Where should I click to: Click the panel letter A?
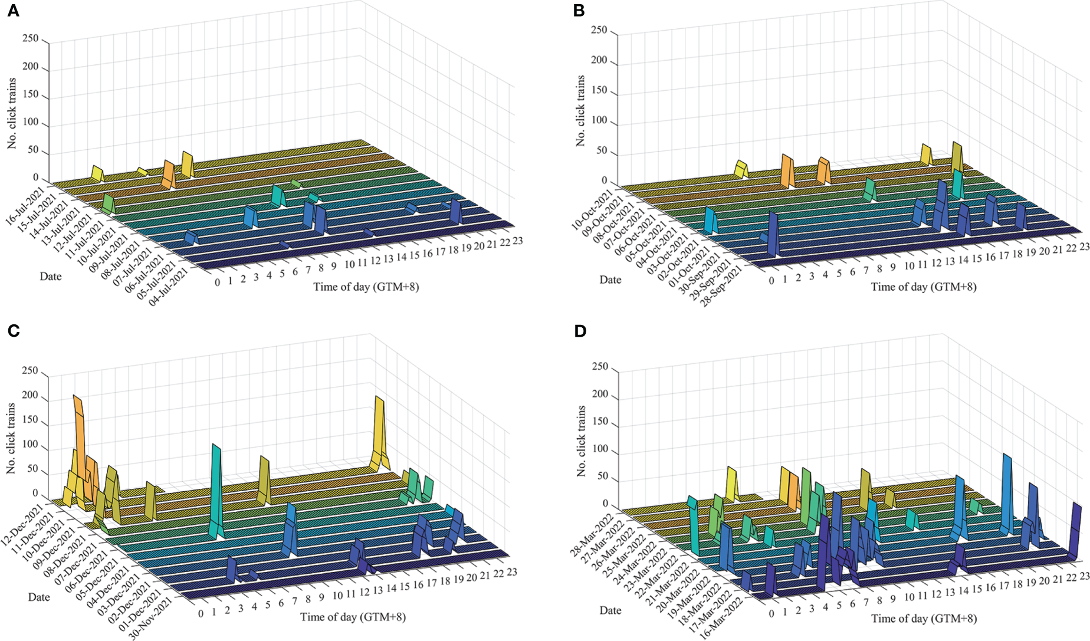(x=13, y=11)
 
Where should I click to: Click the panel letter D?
(x=580, y=331)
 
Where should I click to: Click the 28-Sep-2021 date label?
(x=723, y=288)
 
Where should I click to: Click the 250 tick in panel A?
(x=30, y=39)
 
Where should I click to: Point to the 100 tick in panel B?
(x=599, y=120)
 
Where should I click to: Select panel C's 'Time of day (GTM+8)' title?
(x=353, y=617)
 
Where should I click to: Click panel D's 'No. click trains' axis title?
(x=582, y=441)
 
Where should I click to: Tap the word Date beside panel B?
(x=610, y=280)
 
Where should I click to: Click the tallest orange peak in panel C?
(x=78, y=413)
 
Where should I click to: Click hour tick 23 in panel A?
(x=517, y=241)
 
